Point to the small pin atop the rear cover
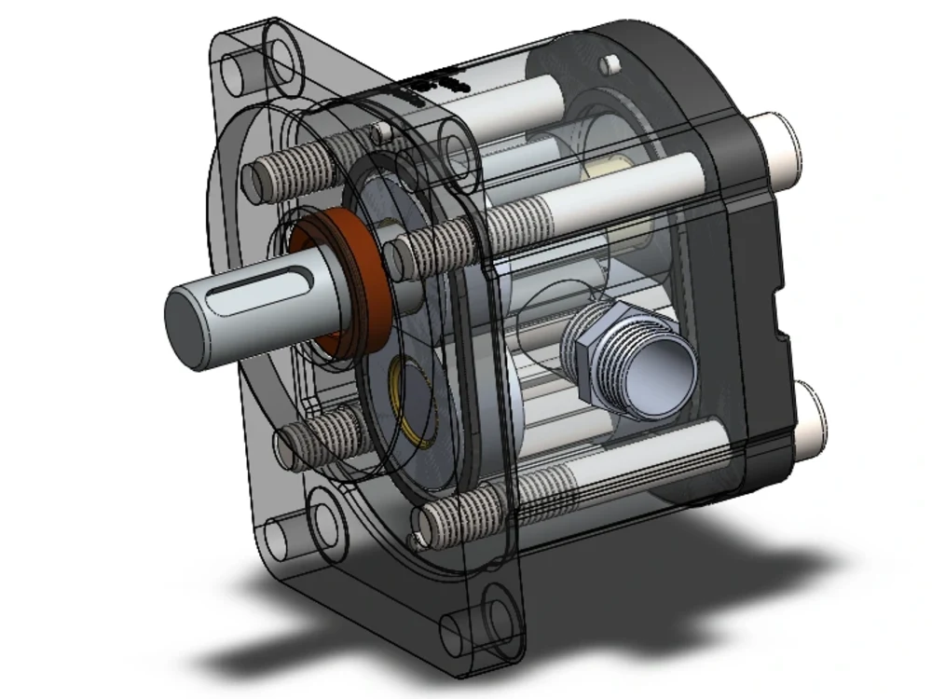tap(610, 63)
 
